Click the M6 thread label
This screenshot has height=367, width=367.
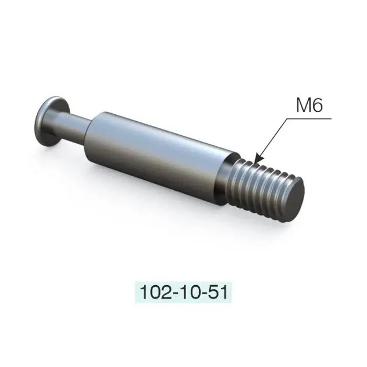coord(309,105)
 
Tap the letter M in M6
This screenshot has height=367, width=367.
coord(304,105)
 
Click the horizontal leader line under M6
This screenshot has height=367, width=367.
coord(309,118)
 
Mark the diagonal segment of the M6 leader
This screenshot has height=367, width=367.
coord(272,140)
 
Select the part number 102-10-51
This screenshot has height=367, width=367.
coord(183,293)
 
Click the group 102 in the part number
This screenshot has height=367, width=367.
coord(155,293)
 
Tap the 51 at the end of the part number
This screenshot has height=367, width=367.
coord(218,293)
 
